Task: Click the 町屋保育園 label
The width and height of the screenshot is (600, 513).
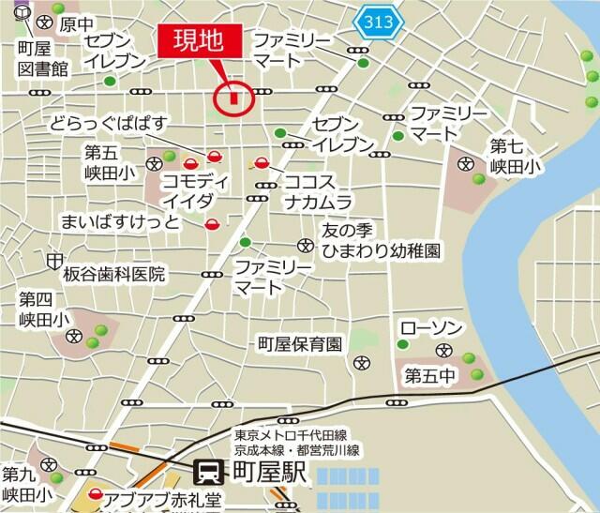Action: pos(300,345)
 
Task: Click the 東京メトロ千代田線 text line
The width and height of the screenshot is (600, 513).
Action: pos(291,435)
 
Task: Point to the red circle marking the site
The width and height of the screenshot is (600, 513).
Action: pos(232,98)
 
